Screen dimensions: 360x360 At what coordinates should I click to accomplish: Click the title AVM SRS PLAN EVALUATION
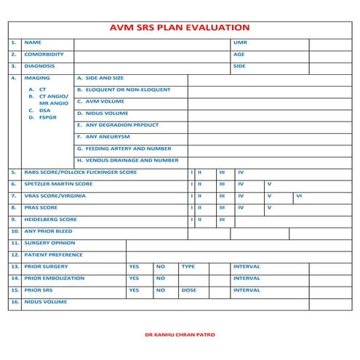tap(179, 27)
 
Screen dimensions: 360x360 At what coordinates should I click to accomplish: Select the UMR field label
tap(240, 43)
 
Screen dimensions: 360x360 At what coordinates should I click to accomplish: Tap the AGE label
tap(239, 55)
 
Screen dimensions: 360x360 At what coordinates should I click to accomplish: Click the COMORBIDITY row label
tap(44, 55)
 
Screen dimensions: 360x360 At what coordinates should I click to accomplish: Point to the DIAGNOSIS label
tap(41, 66)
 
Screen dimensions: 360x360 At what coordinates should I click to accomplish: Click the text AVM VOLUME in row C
tap(105, 102)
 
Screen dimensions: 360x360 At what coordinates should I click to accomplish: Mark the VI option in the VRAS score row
tap(298, 196)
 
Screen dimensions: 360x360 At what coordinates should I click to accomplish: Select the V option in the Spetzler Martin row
tap(268, 184)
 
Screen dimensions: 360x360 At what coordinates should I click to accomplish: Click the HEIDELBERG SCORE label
tap(50, 219)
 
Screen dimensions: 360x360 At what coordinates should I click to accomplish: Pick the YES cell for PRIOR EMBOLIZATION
tap(134, 278)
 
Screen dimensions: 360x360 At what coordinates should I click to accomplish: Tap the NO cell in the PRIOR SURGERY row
tap(161, 266)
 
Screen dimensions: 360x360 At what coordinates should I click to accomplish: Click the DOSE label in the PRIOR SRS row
tap(188, 289)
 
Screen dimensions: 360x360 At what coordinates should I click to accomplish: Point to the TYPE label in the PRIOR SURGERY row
tap(188, 266)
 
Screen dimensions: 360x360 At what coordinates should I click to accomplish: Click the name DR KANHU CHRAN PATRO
tap(180, 335)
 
